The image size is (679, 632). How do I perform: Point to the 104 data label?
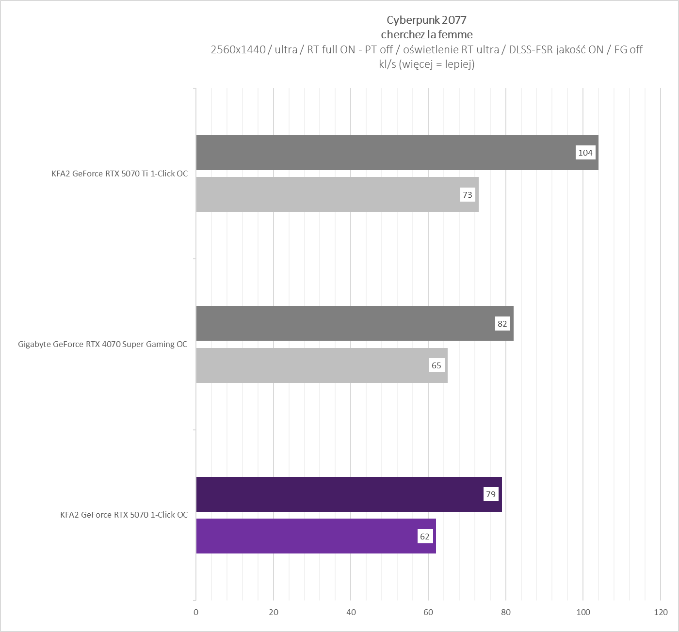(585, 153)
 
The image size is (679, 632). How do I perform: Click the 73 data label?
(467, 195)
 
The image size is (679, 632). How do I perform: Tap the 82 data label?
(502, 324)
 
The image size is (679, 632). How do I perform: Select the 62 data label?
(424, 537)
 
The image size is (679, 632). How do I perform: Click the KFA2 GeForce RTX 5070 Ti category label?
(119, 174)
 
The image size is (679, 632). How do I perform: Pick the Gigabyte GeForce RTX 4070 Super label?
(102, 344)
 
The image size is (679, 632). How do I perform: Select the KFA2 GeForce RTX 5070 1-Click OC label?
(124, 515)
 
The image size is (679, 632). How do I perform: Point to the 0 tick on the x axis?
(196, 612)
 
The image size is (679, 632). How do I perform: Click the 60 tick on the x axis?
(428, 612)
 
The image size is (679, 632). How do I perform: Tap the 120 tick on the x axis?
(661, 612)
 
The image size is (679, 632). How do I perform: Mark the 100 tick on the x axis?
(583, 612)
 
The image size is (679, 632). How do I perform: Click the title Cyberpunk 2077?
(426, 20)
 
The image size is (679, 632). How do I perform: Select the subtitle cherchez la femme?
(426, 34)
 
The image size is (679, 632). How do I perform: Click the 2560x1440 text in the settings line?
(238, 49)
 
